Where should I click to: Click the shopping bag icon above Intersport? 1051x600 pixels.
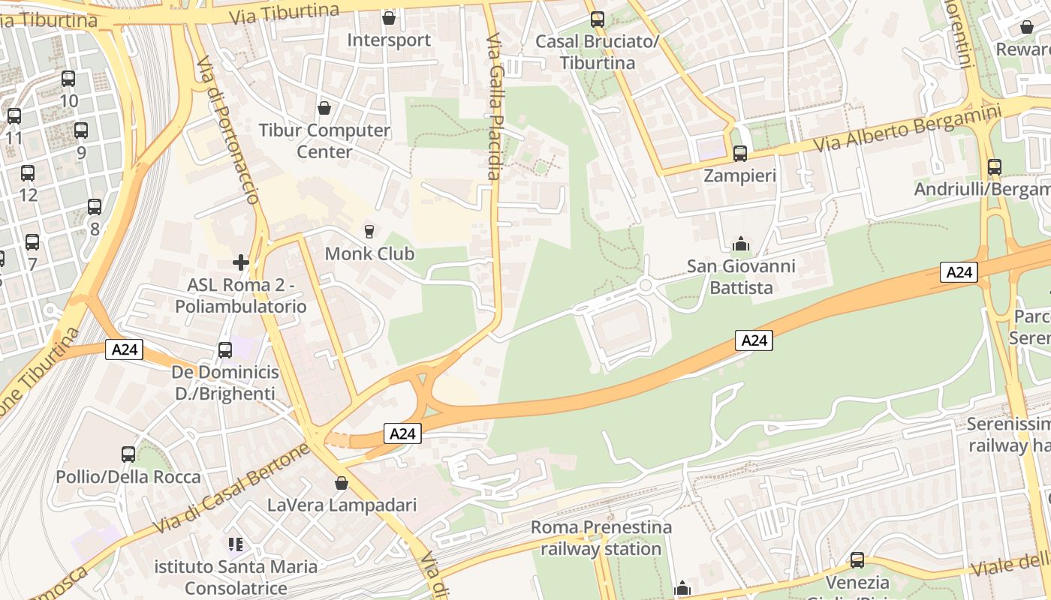coord(389,17)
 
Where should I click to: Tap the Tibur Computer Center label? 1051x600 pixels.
coord(324,140)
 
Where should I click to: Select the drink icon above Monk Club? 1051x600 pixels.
coord(369,231)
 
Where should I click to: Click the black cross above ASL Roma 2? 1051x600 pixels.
coord(241,262)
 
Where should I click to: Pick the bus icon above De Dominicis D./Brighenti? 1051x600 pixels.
coord(224,349)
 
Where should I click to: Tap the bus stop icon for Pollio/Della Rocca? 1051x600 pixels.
coord(128,454)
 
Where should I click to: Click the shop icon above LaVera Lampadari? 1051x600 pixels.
coord(342,482)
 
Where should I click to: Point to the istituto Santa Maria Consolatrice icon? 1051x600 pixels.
coord(236,544)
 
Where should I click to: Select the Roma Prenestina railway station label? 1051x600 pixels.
coord(601,538)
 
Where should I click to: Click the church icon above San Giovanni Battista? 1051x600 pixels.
coord(741,244)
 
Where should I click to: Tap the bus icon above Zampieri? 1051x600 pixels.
coord(740,154)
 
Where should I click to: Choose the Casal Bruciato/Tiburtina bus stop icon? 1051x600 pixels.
coord(597,19)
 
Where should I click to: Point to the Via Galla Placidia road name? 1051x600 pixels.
coord(493,106)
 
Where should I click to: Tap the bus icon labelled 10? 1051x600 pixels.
coord(68,78)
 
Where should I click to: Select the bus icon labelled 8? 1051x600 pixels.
coord(95,207)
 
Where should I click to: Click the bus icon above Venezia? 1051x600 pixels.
coord(857,559)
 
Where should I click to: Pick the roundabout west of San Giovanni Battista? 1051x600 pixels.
coord(646,286)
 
